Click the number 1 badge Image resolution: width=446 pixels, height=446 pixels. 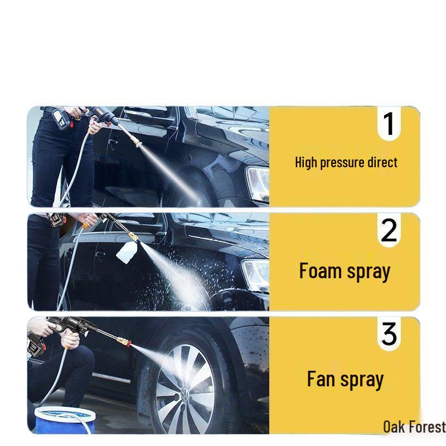point(389,124)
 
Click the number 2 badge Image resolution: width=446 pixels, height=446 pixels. point(389,230)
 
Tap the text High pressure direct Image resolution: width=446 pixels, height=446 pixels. point(346,163)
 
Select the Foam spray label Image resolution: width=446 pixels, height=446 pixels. point(345,272)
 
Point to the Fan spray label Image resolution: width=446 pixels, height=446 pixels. point(345,380)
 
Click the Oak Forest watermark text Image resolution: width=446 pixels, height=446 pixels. point(414,427)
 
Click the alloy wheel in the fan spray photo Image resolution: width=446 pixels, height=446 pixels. point(184,388)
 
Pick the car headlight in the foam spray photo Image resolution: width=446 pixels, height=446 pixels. point(256,273)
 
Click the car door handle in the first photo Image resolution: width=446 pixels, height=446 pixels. point(113,143)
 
